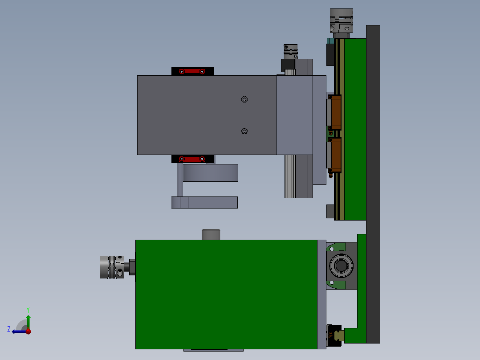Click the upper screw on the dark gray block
(244, 99)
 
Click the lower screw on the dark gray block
(244, 131)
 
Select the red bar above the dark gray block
(192, 71)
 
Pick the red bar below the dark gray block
(192, 159)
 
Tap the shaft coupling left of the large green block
(111, 267)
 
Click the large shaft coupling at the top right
(341, 20)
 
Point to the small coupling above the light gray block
(290, 50)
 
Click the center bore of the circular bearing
(342, 266)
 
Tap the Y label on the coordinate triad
(28, 309)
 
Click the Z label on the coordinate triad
(9, 329)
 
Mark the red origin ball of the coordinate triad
(28, 331)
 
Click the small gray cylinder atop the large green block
(211, 234)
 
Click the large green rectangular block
(226, 294)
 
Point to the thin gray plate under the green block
(213, 350)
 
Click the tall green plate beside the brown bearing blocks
(355, 129)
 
